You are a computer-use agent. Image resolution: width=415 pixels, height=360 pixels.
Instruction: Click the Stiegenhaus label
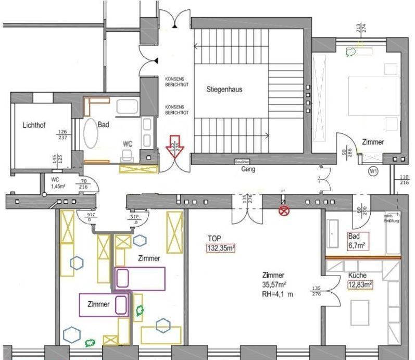[x=224, y=90]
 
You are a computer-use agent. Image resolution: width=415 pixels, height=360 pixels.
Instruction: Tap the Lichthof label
[x=35, y=126]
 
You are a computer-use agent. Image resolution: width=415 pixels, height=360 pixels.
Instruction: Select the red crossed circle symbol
[x=284, y=211]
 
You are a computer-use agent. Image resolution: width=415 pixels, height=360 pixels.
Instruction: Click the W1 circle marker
[x=373, y=171]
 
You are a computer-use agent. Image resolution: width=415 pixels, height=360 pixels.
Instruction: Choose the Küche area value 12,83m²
[x=360, y=284]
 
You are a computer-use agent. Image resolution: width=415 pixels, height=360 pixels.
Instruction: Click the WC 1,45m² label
[x=58, y=183]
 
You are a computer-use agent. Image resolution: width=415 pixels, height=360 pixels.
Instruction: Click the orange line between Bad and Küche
[x=363, y=257]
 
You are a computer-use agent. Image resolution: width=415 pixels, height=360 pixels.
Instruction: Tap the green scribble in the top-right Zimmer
[x=351, y=51]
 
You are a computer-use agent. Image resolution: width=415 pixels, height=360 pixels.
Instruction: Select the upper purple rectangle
[x=139, y=278]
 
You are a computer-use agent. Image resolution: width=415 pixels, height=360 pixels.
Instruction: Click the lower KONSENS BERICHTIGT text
[x=176, y=110]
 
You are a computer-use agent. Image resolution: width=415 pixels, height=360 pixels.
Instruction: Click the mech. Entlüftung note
[x=392, y=218]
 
